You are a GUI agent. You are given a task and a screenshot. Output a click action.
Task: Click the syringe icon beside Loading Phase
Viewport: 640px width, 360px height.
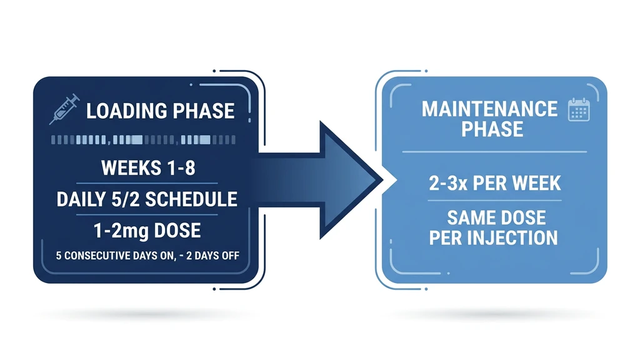click(x=64, y=108)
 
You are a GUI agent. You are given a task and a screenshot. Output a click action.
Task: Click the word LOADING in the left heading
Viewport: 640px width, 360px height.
click(x=126, y=111)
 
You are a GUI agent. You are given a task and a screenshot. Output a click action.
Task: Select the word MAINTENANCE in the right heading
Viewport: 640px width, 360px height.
click(x=489, y=109)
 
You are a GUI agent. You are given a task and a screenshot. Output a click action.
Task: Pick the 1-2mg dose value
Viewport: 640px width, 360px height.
click(x=116, y=231)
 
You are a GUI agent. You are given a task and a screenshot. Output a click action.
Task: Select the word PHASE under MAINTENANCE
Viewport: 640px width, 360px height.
click(x=492, y=129)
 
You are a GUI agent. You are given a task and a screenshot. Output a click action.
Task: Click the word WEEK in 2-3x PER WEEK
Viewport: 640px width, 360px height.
click(x=537, y=184)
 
